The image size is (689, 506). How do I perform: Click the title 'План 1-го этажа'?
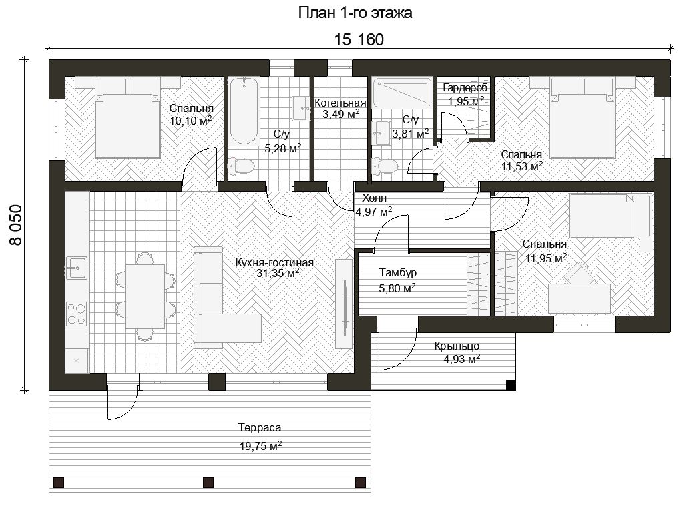(355, 13)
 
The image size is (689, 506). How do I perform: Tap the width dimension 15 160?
(359, 40)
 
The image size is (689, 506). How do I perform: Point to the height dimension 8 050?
(16, 224)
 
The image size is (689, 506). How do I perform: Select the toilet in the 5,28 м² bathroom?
(241, 166)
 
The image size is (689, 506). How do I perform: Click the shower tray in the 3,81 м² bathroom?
(402, 93)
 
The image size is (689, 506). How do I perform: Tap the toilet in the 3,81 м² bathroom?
(385, 166)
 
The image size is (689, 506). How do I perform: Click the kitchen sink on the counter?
(77, 268)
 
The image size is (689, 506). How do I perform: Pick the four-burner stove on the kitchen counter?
(77, 314)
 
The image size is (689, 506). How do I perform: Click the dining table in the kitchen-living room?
(145, 296)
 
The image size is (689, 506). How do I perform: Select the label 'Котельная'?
(340, 103)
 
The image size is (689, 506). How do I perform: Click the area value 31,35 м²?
(278, 273)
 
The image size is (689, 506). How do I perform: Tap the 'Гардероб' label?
(465, 88)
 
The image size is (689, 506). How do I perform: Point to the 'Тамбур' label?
(398, 273)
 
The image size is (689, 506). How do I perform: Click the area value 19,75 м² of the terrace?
(260, 446)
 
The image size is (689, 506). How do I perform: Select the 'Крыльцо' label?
(457, 346)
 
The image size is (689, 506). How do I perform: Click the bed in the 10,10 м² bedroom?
(128, 117)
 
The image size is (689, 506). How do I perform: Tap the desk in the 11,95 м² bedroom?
(580, 298)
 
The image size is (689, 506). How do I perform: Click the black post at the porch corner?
(511, 385)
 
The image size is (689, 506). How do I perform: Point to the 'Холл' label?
(374, 198)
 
